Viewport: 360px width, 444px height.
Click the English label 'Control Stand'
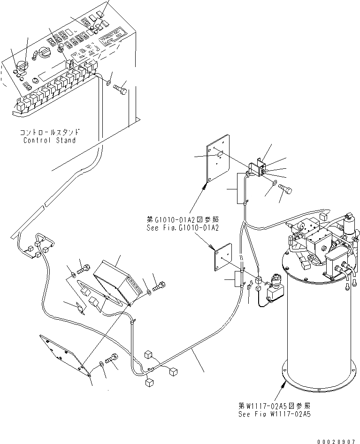click(49, 140)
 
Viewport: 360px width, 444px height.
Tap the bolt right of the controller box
click(159, 285)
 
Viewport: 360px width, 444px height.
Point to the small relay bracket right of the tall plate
click(256, 168)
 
